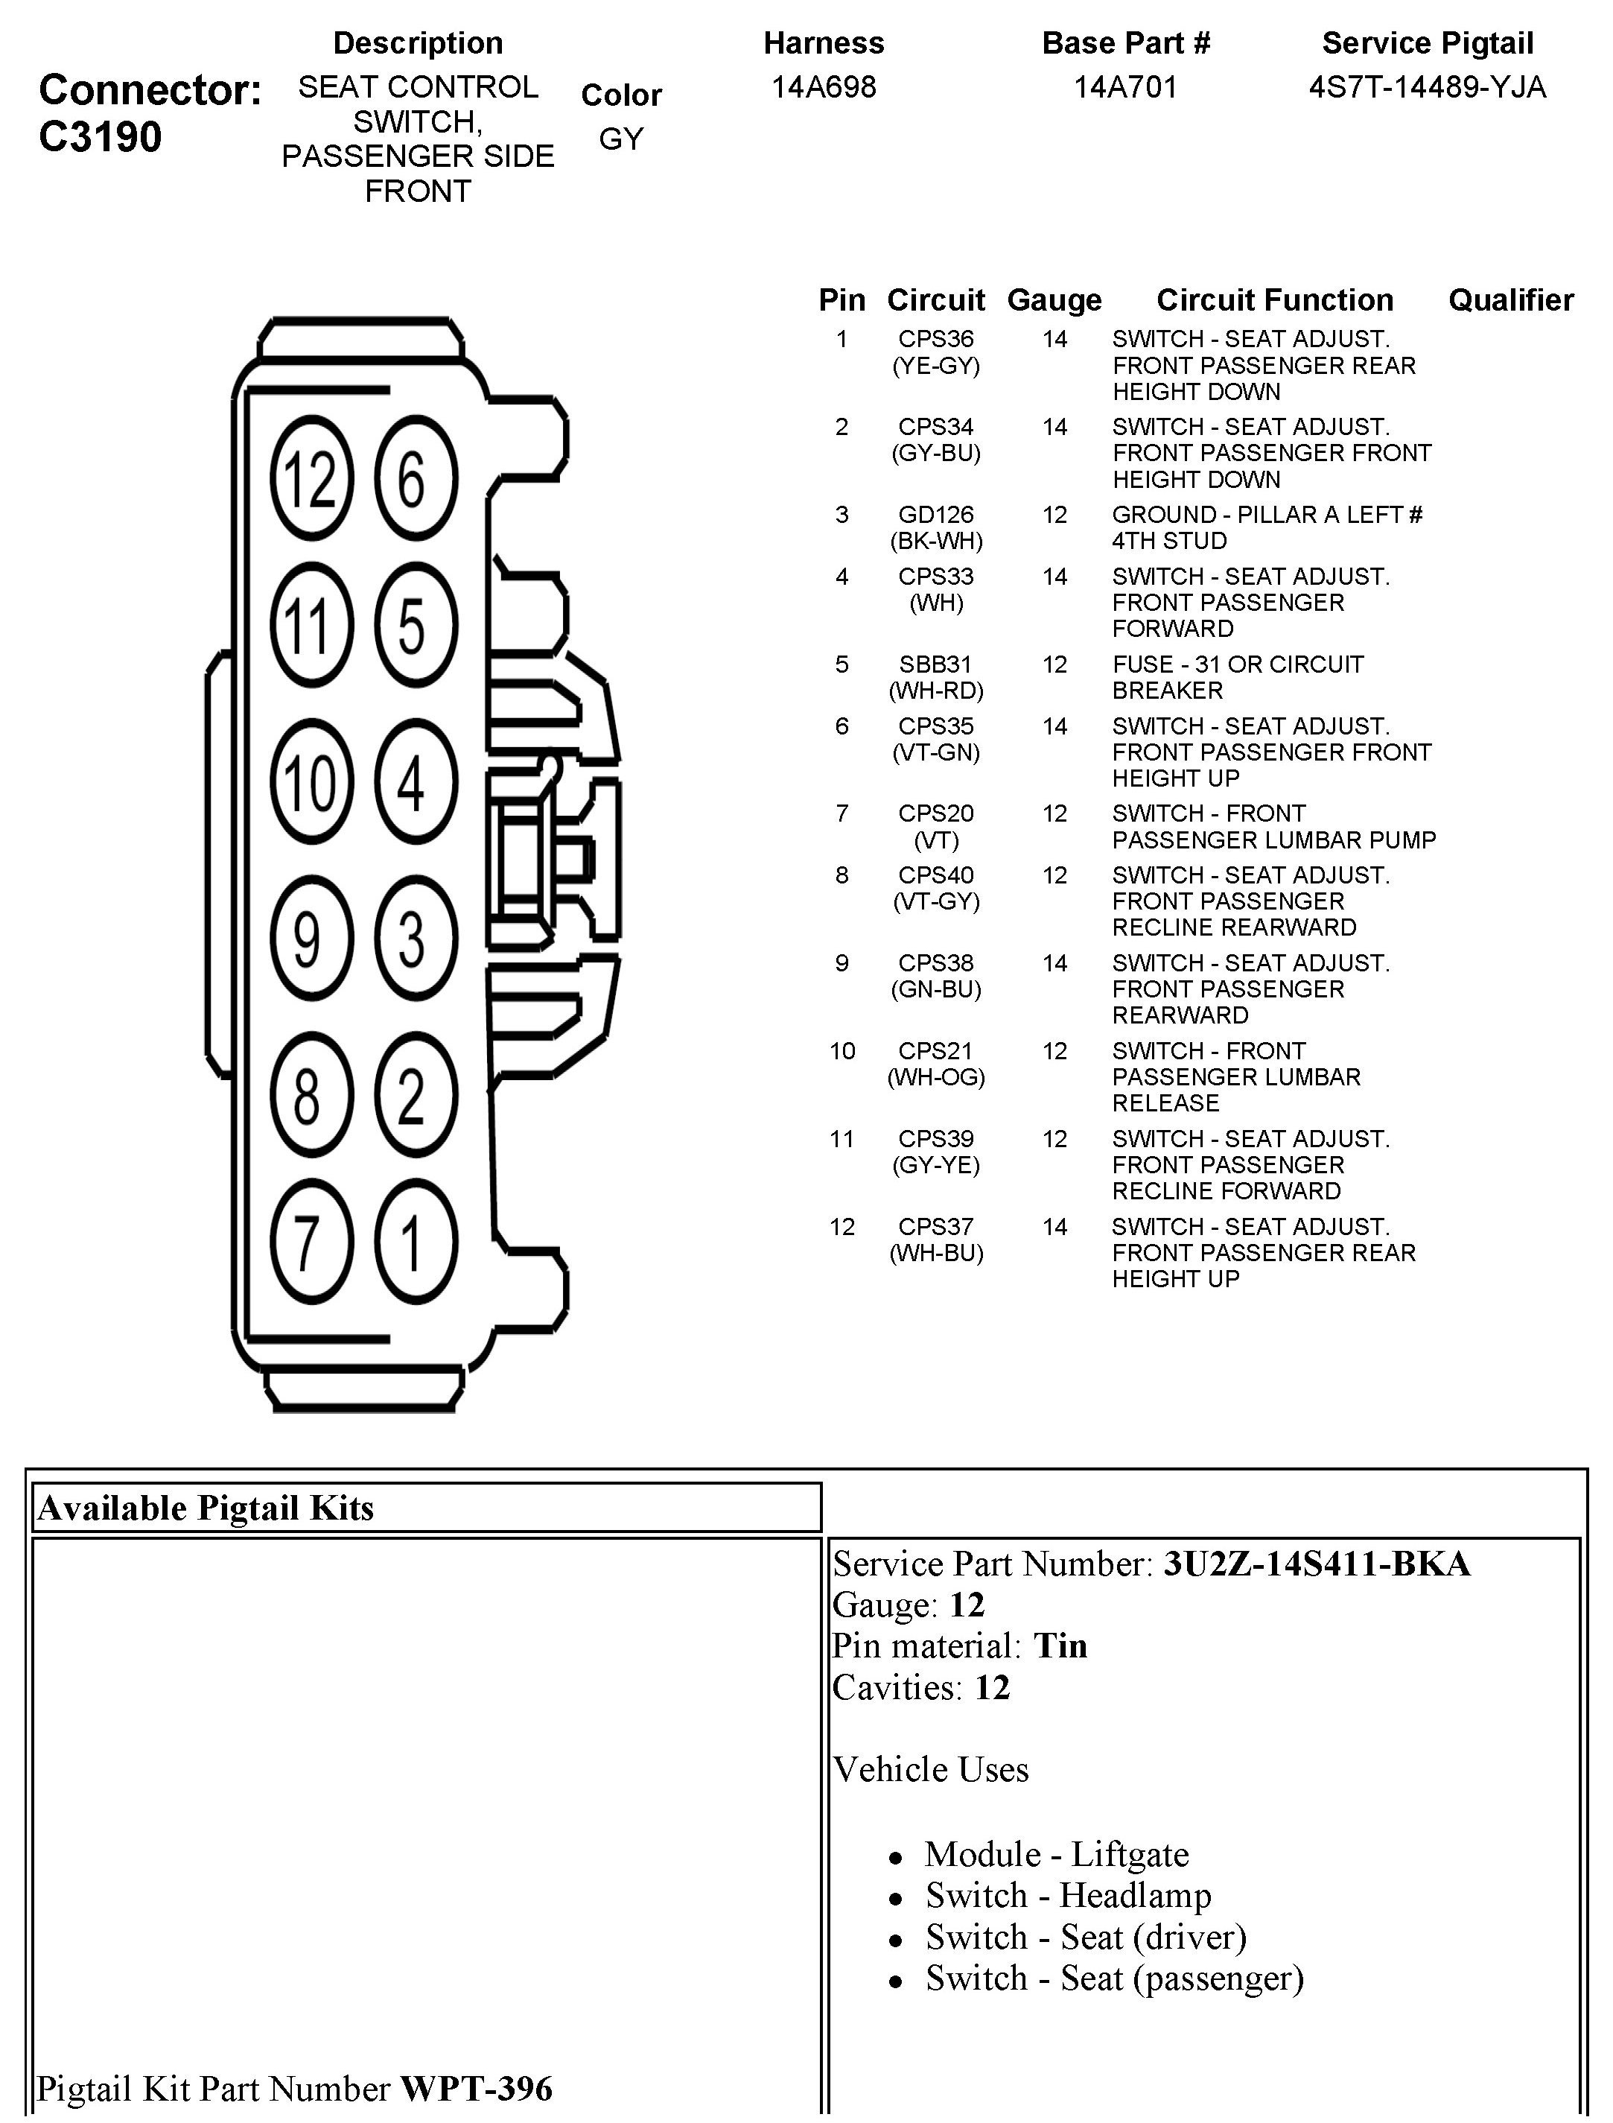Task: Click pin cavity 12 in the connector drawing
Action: (x=312, y=477)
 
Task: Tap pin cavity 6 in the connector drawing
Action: (x=415, y=477)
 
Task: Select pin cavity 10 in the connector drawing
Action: (x=312, y=781)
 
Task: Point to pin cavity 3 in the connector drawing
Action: (x=415, y=937)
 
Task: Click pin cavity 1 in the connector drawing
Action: (x=415, y=1242)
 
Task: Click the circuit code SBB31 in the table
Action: (x=935, y=664)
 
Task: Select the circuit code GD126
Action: (x=935, y=515)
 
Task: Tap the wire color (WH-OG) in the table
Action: (x=935, y=1077)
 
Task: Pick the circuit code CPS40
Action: (x=935, y=875)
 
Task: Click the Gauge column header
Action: (x=1054, y=300)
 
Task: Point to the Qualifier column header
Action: (x=1510, y=300)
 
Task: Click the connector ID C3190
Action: (x=101, y=137)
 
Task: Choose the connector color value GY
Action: (x=620, y=139)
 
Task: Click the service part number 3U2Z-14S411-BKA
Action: (x=1317, y=1564)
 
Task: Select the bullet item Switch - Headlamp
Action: (x=1068, y=1896)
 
